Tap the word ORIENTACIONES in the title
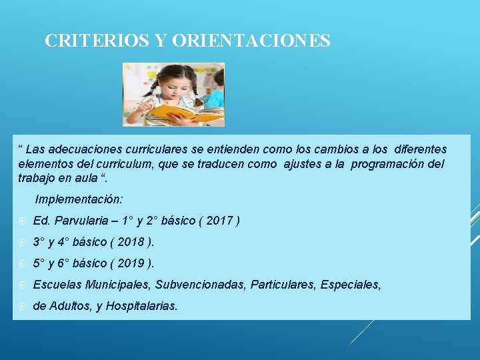[x=251, y=41]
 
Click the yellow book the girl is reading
[x=180, y=113]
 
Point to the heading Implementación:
[x=79, y=199]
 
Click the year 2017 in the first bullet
[x=219, y=221]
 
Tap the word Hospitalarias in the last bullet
[x=145, y=306]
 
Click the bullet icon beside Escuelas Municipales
[x=22, y=285]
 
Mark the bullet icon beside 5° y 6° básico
[x=22, y=264]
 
